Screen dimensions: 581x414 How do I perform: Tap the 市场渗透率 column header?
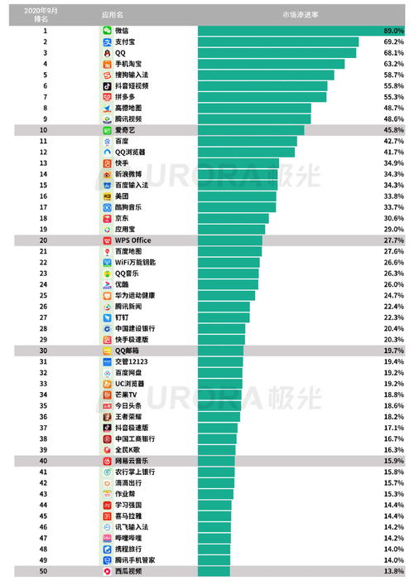click(300, 14)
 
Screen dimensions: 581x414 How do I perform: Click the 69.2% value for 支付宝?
click(393, 41)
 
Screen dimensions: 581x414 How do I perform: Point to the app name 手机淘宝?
click(128, 63)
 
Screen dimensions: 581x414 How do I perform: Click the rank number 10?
click(45, 130)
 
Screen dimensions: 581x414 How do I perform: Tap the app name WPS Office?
click(132, 240)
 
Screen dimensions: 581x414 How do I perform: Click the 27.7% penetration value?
click(393, 240)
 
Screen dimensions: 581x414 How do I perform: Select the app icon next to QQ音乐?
click(107, 273)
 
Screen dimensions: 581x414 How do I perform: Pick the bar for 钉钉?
click(224, 317)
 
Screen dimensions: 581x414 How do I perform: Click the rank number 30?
click(45, 351)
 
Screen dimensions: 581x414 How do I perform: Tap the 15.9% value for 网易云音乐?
click(393, 461)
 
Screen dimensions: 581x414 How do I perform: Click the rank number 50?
click(45, 571)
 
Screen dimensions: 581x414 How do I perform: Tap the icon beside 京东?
click(107, 218)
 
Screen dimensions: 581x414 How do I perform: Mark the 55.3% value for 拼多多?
click(393, 96)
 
